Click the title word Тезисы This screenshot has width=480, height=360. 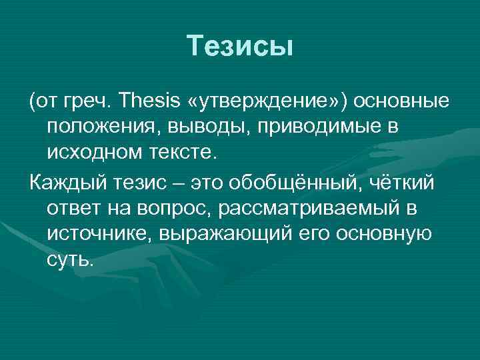click(240, 46)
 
